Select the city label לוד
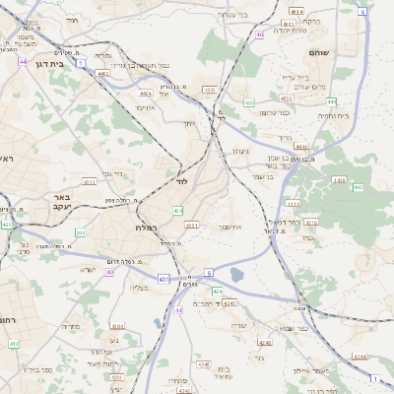(181, 182)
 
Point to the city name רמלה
(150, 228)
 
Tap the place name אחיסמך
(229, 228)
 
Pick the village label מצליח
(140, 287)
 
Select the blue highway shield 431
(164, 279)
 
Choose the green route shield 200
(81, 233)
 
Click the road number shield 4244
(361, 357)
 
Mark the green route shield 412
(14, 343)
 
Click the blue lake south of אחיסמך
(235, 277)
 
